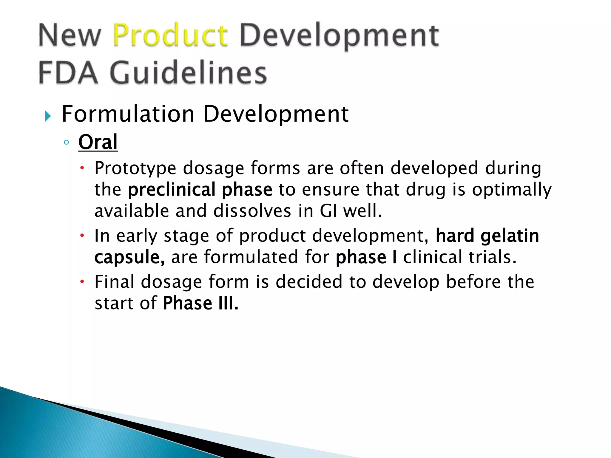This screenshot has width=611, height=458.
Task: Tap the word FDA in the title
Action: click(x=68, y=73)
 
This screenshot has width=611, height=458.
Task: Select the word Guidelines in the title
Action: click(x=188, y=73)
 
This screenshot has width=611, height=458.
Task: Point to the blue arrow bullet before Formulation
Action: click(x=48, y=116)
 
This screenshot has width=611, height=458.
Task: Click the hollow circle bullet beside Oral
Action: click(x=66, y=142)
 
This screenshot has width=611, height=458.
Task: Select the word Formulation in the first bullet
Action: click(x=128, y=114)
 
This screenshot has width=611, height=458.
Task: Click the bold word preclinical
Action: click(x=172, y=190)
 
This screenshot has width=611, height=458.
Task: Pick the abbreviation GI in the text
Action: click(x=328, y=211)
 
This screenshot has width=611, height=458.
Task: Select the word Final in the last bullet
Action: click(x=114, y=282)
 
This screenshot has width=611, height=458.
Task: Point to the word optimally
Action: click(x=512, y=190)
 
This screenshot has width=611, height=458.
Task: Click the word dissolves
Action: click(x=252, y=211)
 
